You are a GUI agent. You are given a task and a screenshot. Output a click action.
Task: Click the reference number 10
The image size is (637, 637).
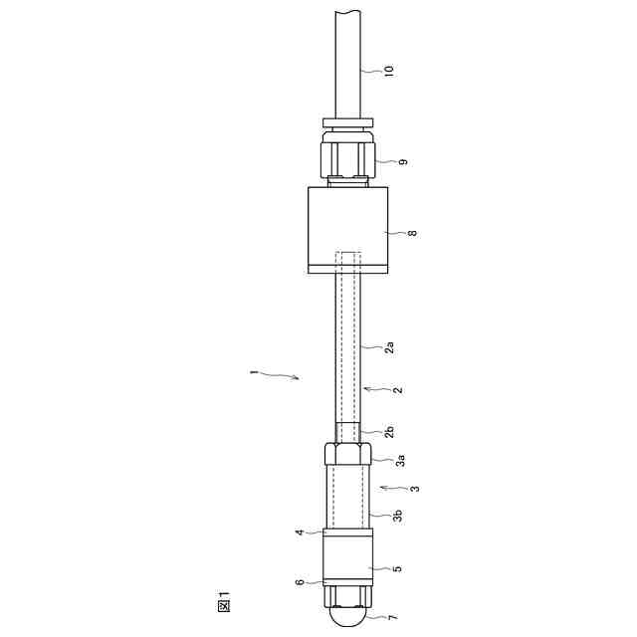(x=389, y=71)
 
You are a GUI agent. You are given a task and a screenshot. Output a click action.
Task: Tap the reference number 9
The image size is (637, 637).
(x=403, y=161)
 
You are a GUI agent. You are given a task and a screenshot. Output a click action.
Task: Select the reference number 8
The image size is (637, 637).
(x=412, y=233)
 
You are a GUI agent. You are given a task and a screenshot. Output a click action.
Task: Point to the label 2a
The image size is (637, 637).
(x=389, y=347)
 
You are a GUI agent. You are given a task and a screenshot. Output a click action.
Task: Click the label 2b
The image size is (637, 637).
(x=389, y=432)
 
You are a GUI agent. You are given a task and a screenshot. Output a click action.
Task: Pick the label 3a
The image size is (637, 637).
(x=400, y=460)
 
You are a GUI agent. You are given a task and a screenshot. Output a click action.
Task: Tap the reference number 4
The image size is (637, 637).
(x=300, y=531)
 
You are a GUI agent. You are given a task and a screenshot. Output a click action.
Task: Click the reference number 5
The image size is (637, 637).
(x=398, y=568)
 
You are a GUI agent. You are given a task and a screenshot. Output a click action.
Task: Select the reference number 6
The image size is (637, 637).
(x=300, y=582)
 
